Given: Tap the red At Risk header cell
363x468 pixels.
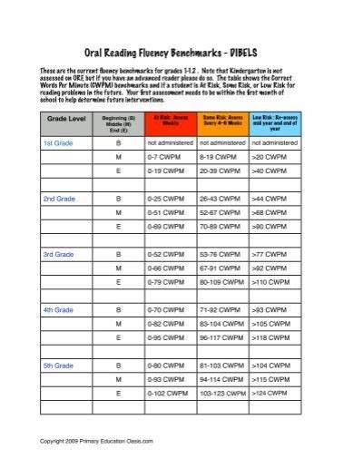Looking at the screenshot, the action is click(171, 123).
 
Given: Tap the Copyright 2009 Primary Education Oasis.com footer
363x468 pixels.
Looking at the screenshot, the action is click(90, 442).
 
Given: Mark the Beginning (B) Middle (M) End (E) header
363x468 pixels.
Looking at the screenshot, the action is click(119, 123).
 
